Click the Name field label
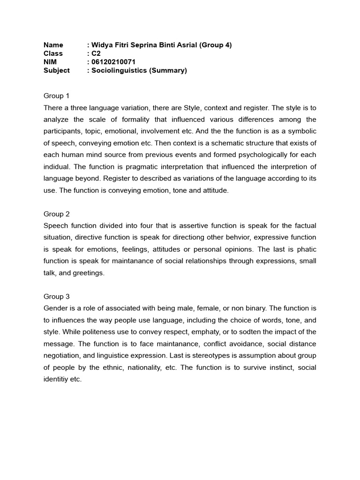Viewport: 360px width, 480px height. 53,45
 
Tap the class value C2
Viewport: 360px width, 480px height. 96,53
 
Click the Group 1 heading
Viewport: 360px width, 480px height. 56,96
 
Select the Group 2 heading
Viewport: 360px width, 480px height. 56,214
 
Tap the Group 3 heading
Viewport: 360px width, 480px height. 56,296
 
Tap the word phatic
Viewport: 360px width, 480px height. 307,249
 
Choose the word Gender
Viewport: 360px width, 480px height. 55,308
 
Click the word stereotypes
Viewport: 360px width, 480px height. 220,356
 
